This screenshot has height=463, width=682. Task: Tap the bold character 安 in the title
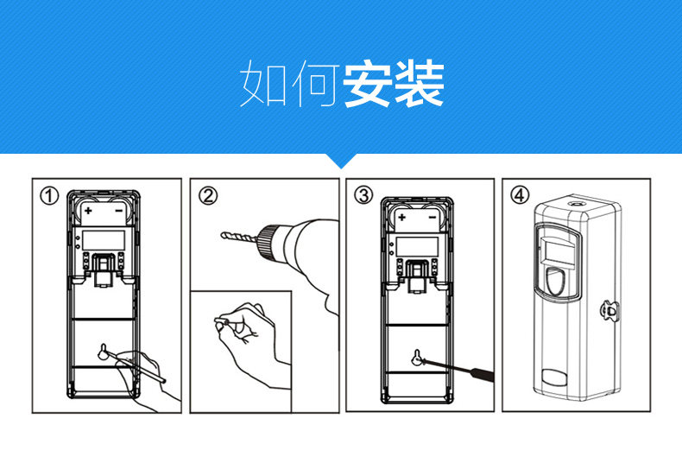tap(367, 84)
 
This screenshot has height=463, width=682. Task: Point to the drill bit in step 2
tap(238, 236)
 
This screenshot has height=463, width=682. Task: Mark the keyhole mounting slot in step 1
tap(104, 352)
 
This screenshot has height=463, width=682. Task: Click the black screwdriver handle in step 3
tap(480, 375)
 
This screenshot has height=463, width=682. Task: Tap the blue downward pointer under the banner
tap(342, 161)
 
